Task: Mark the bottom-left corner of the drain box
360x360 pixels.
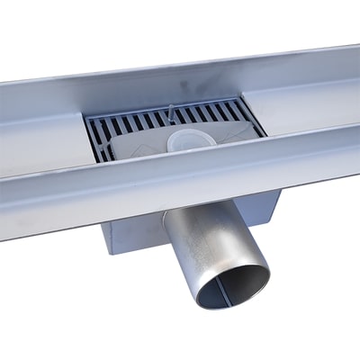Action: point(106,251)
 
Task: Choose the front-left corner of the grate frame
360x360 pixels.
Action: point(90,162)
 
